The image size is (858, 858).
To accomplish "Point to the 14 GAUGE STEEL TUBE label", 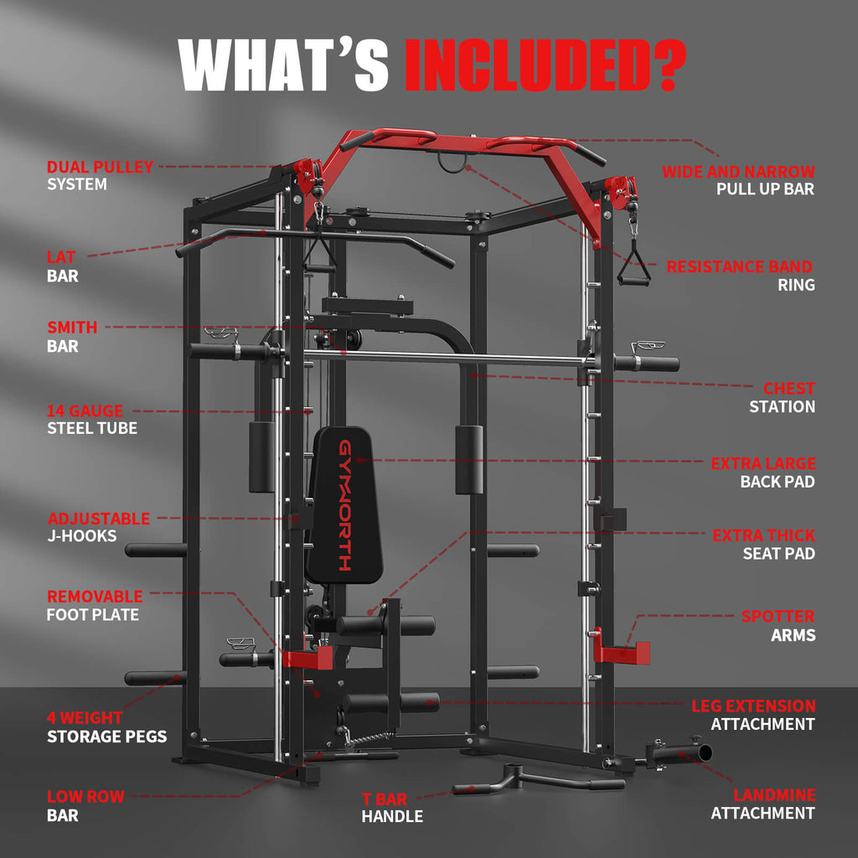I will click(91, 419).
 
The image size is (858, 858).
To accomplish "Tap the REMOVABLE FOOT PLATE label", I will click(94, 605).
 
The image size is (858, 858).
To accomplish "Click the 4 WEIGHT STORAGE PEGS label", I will click(106, 727).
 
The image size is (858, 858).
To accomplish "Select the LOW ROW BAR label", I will click(85, 805).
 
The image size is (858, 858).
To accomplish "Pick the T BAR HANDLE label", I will click(392, 807).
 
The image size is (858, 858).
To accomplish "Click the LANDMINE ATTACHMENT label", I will click(762, 804).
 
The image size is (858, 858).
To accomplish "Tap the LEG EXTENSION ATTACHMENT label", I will click(762, 715).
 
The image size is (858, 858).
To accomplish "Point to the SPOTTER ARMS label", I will click(778, 626).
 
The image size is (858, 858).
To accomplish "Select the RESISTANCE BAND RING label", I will click(739, 276).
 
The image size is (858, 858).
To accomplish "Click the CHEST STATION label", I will click(782, 397).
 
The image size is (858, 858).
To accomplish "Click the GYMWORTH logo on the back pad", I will click(345, 504).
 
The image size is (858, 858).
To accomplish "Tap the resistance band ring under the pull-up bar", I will click(452, 164).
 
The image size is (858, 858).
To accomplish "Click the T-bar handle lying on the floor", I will click(536, 778).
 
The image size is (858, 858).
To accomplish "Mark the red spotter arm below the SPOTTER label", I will click(621, 651).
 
